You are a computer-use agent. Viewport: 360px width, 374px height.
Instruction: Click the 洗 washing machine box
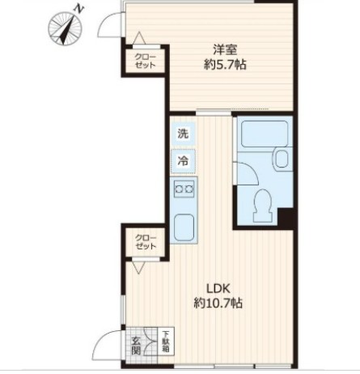pos(184,134)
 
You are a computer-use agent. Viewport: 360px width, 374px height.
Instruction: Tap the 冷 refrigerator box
pos(184,160)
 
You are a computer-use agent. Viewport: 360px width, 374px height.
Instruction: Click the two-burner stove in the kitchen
pos(184,189)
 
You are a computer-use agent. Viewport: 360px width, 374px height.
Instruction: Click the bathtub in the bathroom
pos(260,134)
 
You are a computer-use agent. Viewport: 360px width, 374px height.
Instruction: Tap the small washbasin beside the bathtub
pos(283,158)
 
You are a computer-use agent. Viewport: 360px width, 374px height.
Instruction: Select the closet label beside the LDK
pos(146,241)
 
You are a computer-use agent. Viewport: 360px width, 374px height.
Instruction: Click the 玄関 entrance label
pos(136,345)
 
